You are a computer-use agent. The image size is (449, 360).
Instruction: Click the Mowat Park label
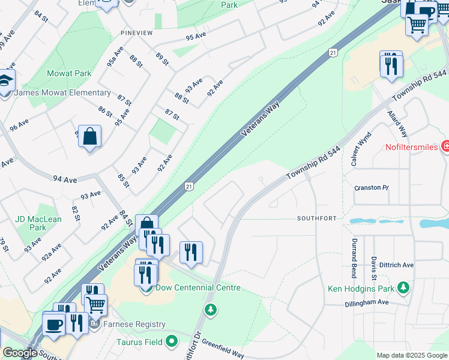(x=69, y=74)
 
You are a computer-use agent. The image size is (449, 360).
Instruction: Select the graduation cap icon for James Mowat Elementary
(x=5, y=82)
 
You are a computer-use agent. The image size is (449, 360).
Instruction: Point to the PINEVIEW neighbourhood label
(x=137, y=33)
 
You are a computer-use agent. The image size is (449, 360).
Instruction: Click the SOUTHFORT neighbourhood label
(x=316, y=218)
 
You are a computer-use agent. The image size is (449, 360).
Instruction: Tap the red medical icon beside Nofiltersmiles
(x=445, y=146)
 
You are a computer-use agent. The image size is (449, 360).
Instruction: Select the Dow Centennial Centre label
(x=198, y=288)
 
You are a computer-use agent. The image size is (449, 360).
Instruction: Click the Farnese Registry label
(x=134, y=325)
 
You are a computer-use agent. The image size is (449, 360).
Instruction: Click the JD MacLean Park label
(x=37, y=223)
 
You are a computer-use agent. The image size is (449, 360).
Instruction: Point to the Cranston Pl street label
(x=371, y=188)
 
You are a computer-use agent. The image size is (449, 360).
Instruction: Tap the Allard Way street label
(x=397, y=124)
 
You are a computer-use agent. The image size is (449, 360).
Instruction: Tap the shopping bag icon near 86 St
(x=89, y=136)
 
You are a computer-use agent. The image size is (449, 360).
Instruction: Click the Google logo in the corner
(x=20, y=353)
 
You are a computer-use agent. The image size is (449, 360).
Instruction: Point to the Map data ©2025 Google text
(x=411, y=355)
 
